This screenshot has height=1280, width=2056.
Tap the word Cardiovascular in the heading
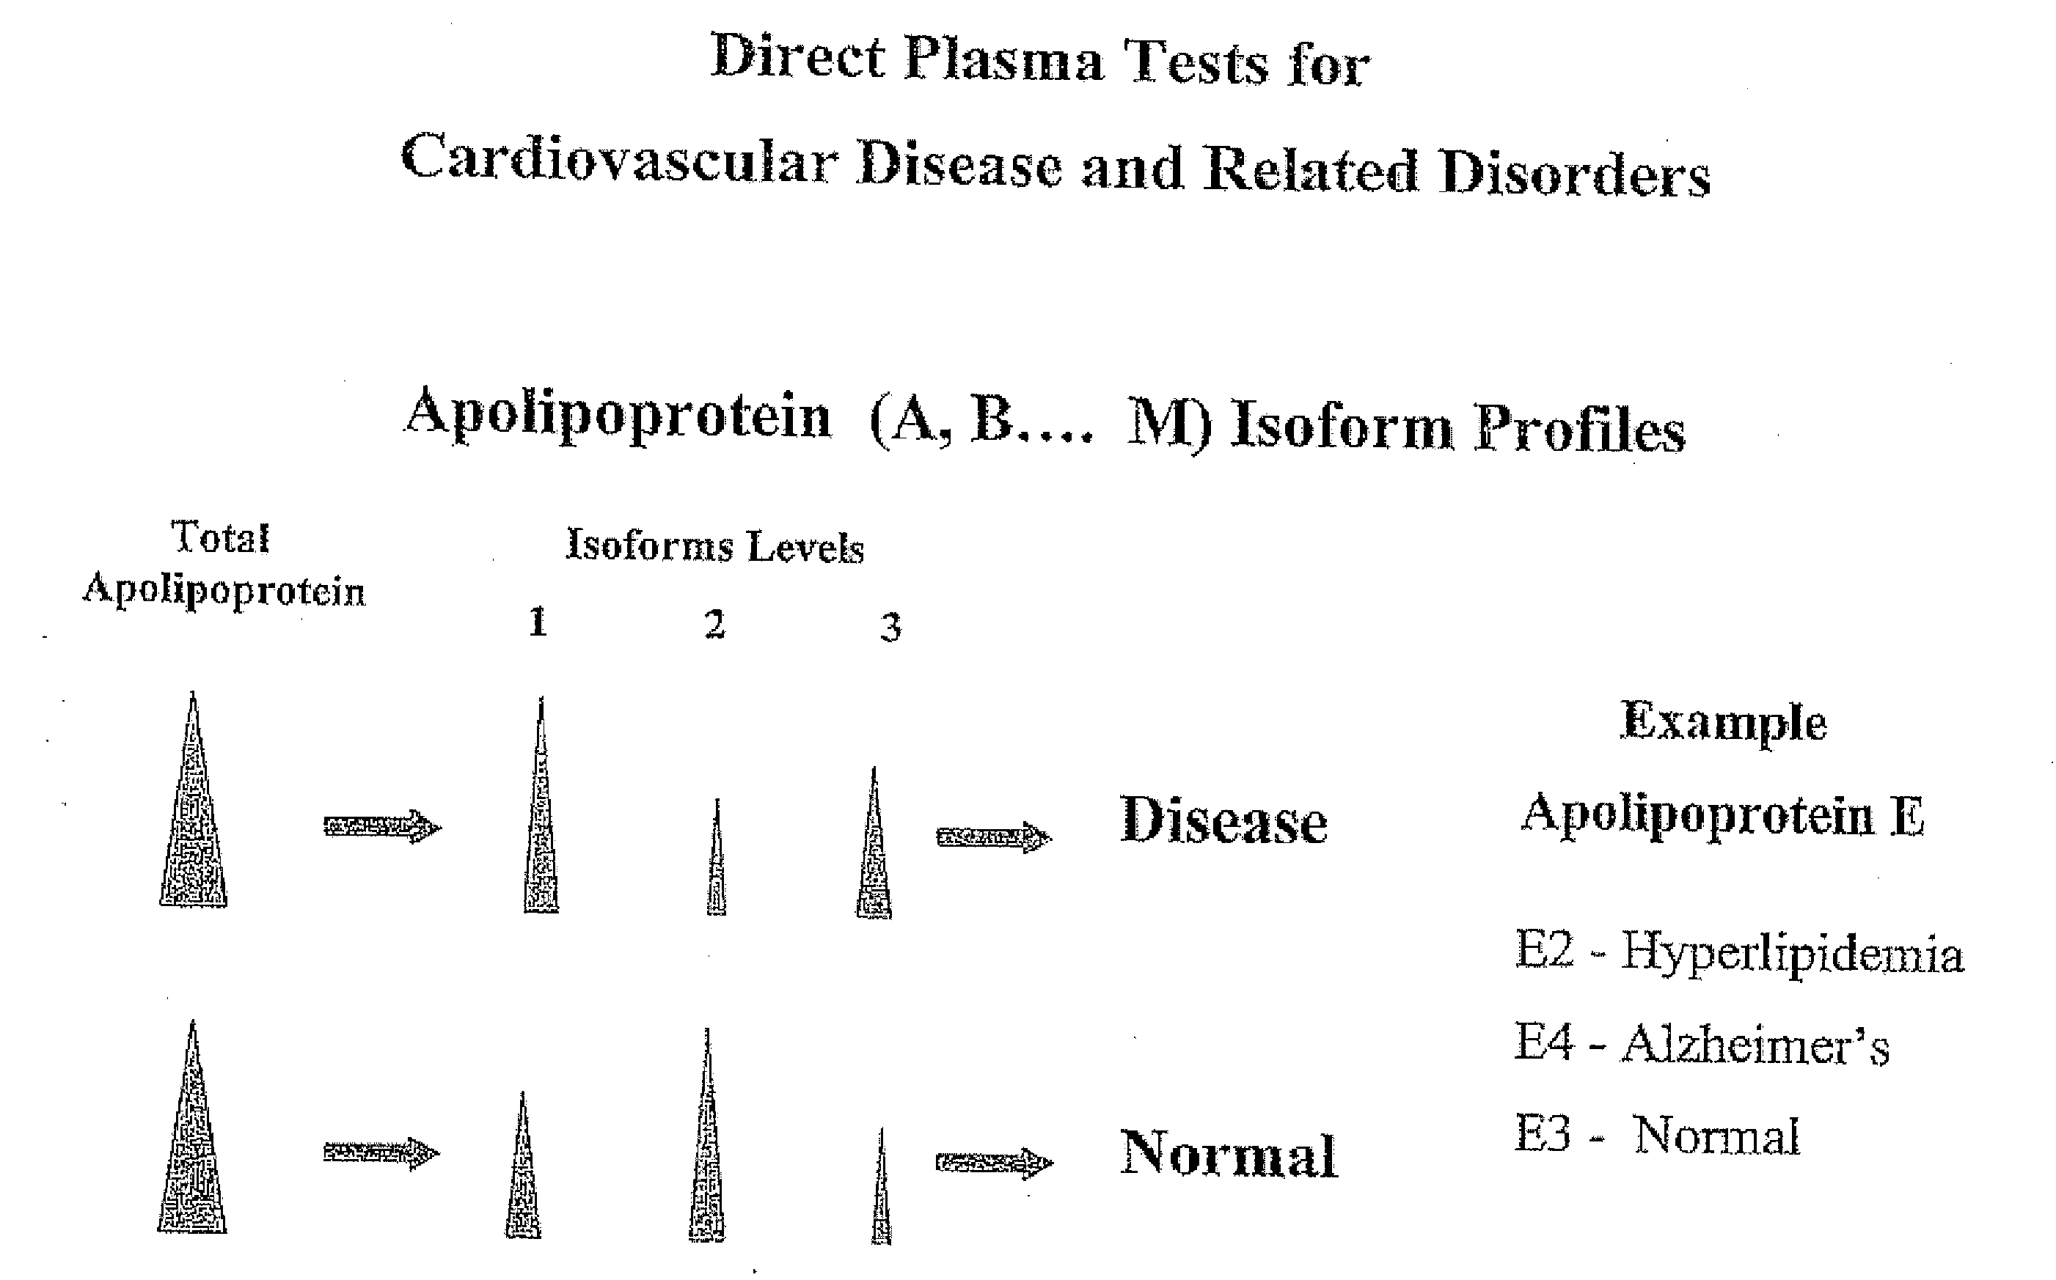pyautogui.click(x=619, y=159)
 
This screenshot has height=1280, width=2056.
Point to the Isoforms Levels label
pyautogui.click(x=714, y=546)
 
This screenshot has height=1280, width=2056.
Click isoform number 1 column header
pyautogui.click(x=538, y=622)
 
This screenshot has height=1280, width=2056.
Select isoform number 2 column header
pyautogui.click(x=714, y=625)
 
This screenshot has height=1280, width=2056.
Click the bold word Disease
pyautogui.click(x=1223, y=821)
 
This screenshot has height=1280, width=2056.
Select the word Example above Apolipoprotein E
pyautogui.click(x=1723, y=723)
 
